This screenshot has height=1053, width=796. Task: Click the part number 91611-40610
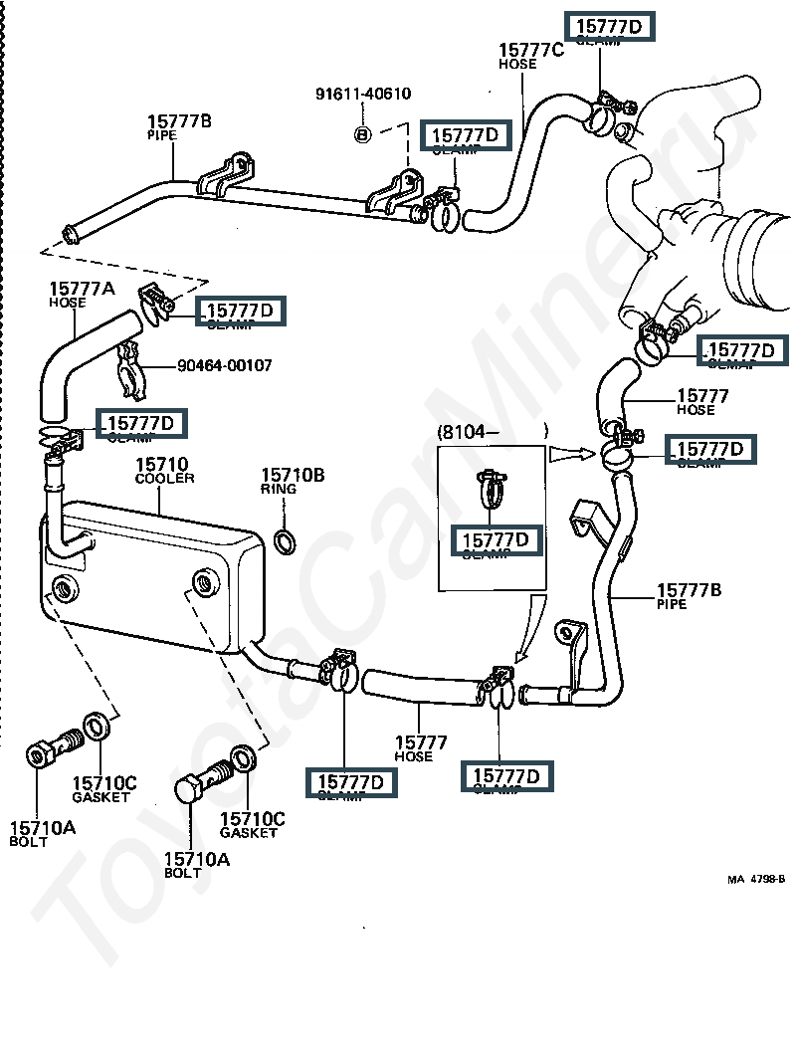tap(363, 95)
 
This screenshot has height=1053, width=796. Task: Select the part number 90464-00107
tap(225, 365)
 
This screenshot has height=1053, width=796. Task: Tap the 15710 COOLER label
tap(164, 470)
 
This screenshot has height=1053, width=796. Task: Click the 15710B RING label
tap(293, 481)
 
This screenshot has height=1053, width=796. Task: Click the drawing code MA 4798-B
tap(755, 879)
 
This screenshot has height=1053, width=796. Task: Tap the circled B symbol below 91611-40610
tap(363, 133)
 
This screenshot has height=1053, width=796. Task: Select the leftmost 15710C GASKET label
tap(103, 788)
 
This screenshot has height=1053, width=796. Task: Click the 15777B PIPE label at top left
tap(178, 126)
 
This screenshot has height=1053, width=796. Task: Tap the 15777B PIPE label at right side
tap(689, 595)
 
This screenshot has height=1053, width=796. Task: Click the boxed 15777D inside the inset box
tap(497, 540)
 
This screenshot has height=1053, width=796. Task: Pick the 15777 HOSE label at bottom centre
tap(421, 748)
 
